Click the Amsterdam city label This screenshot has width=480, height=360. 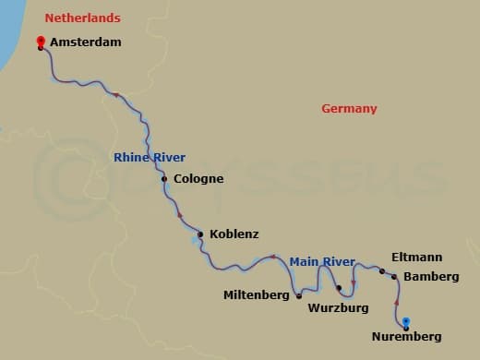[86, 42]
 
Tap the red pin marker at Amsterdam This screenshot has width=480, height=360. [41, 42]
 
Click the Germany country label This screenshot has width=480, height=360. [349, 109]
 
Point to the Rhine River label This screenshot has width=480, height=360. [144, 158]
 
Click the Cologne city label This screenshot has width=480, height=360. [198, 179]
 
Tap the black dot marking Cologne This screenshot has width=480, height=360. [164, 179]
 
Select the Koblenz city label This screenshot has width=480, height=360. [234, 234]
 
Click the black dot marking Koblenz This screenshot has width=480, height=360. [200, 234]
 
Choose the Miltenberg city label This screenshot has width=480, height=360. [258, 296]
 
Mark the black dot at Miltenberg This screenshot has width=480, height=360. [299, 296]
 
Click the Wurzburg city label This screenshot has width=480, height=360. [338, 306]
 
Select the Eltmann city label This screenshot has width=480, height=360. [416, 258]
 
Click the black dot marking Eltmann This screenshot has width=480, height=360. [381, 270]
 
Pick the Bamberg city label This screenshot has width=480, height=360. [431, 277]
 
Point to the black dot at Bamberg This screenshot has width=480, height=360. [394, 277]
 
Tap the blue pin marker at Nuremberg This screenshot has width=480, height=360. [406, 321]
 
